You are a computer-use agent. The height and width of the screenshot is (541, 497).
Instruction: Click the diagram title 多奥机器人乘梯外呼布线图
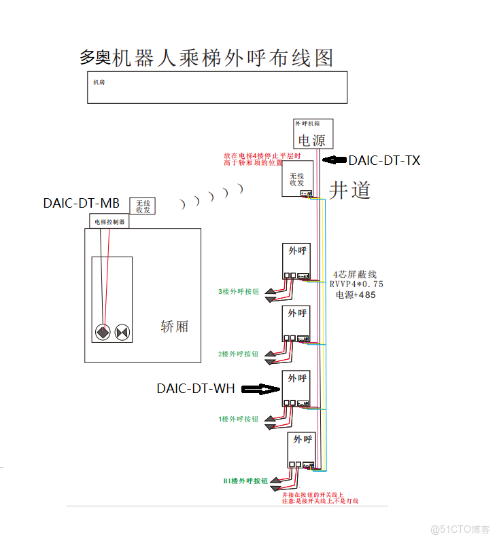click(207, 58)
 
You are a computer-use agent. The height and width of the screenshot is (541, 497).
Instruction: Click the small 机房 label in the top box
click(99, 83)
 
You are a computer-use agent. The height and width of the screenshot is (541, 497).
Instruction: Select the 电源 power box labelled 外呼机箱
click(313, 134)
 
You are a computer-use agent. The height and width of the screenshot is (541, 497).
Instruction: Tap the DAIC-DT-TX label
click(384, 161)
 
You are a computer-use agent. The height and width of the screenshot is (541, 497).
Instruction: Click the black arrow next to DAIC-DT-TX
click(334, 161)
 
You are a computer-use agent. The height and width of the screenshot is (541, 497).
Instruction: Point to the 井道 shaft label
click(350, 190)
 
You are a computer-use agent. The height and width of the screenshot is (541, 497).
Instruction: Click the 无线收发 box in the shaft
click(297, 179)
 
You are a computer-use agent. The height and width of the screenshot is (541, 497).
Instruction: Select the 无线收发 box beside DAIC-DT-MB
click(143, 206)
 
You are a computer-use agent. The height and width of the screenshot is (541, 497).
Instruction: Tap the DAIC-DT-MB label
click(82, 203)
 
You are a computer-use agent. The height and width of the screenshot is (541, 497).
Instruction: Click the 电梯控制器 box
click(109, 221)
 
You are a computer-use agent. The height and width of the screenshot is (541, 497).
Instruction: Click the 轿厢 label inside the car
click(174, 327)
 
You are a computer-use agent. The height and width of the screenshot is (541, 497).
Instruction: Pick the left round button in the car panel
click(103, 333)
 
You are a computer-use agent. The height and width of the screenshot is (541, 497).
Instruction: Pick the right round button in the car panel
click(122, 333)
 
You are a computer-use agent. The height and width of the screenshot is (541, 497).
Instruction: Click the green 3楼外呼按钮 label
click(238, 292)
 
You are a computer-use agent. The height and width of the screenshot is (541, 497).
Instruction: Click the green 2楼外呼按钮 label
click(238, 354)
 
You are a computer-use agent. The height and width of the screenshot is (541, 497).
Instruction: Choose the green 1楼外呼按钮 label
click(238, 419)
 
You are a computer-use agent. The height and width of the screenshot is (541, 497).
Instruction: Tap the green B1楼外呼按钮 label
click(245, 481)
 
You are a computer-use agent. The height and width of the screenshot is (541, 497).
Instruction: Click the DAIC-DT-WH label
click(196, 389)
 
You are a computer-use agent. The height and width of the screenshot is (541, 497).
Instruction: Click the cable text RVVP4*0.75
click(356, 284)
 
